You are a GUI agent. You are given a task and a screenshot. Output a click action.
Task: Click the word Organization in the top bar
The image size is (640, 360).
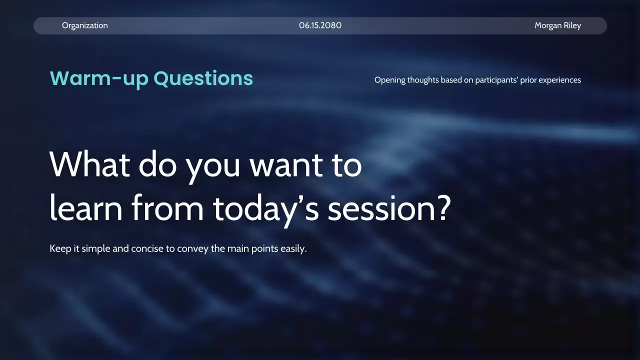[85, 25]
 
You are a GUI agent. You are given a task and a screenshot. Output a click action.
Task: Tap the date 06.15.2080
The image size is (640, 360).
[320, 25]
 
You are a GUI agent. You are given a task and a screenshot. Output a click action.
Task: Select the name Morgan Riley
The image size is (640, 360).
[557, 25]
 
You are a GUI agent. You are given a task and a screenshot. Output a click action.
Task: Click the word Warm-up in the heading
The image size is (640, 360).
[99, 78]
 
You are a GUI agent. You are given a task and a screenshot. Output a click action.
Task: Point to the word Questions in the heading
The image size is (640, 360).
[203, 78]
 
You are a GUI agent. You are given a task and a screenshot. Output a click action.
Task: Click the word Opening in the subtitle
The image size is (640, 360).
[390, 80]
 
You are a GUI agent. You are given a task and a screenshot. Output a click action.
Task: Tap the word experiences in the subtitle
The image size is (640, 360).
[559, 80]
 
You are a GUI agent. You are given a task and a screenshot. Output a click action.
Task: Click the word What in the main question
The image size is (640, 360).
[89, 164]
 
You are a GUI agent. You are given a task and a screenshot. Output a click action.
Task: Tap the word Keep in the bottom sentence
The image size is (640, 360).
[60, 248]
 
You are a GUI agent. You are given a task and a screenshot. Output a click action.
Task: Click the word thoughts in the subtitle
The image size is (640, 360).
[423, 80]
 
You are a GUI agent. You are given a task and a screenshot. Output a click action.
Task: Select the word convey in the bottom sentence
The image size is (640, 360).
[193, 249]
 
